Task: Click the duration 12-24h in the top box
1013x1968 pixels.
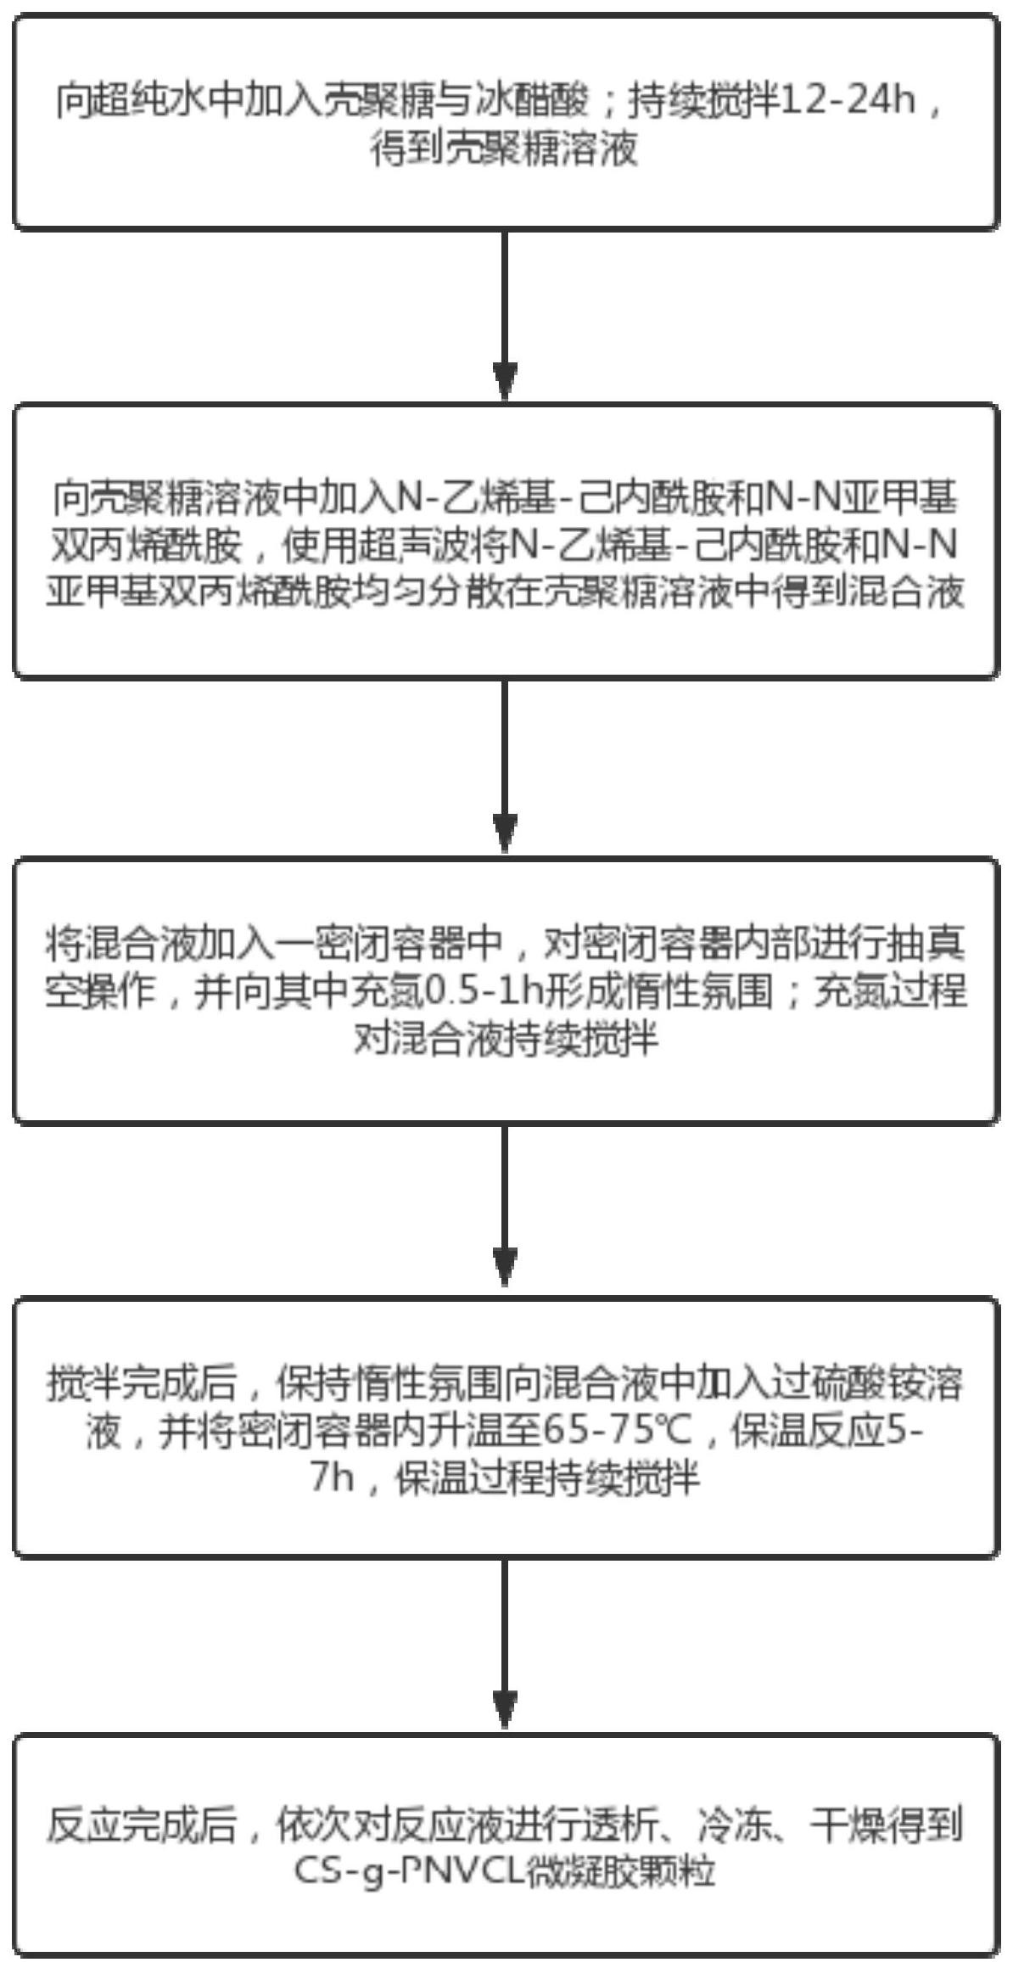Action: coord(848,104)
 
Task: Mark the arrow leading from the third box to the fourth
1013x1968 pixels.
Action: coord(506,1208)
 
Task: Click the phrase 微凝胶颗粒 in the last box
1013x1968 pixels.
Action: coord(618,1870)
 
